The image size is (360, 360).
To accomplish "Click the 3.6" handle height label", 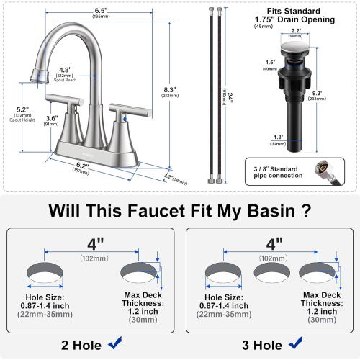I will tap(52, 120).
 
